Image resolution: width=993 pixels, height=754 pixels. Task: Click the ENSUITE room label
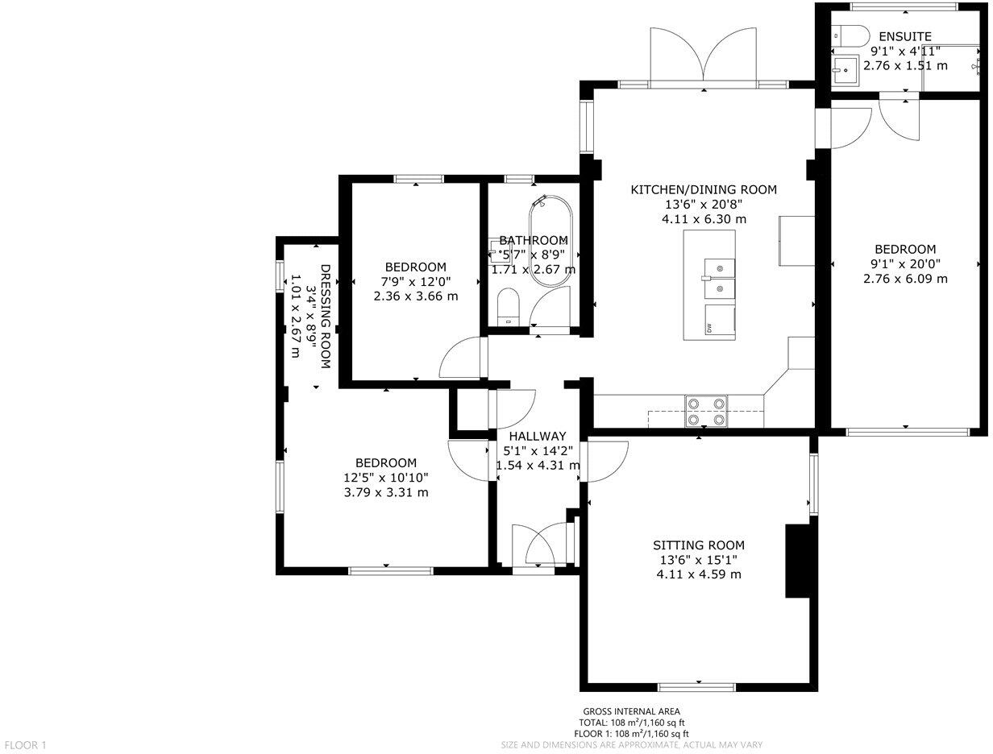(x=904, y=36)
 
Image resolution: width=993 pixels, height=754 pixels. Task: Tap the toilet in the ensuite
(x=850, y=35)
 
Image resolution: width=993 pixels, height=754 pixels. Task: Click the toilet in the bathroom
(x=508, y=307)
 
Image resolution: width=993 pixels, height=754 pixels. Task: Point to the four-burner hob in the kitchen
(x=706, y=411)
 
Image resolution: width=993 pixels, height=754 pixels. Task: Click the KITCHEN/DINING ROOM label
(x=703, y=190)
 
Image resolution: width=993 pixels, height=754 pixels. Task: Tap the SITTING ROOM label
(x=698, y=545)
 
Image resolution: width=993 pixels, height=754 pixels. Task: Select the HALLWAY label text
(x=537, y=437)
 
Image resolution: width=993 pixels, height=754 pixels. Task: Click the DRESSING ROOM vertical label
(x=326, y=316)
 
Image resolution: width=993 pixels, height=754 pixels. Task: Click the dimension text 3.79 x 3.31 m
(x=386, y=492)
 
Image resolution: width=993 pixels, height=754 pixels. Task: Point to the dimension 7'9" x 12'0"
(x=415, y=282)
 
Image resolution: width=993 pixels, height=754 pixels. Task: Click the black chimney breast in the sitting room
(x=797, y=561)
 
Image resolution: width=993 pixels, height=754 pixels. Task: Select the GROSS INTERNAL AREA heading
(x=632, y=711)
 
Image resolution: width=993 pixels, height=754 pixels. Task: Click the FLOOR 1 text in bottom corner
(x=25, y=745)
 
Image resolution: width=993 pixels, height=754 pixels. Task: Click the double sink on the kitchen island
(x=719, y=277)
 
